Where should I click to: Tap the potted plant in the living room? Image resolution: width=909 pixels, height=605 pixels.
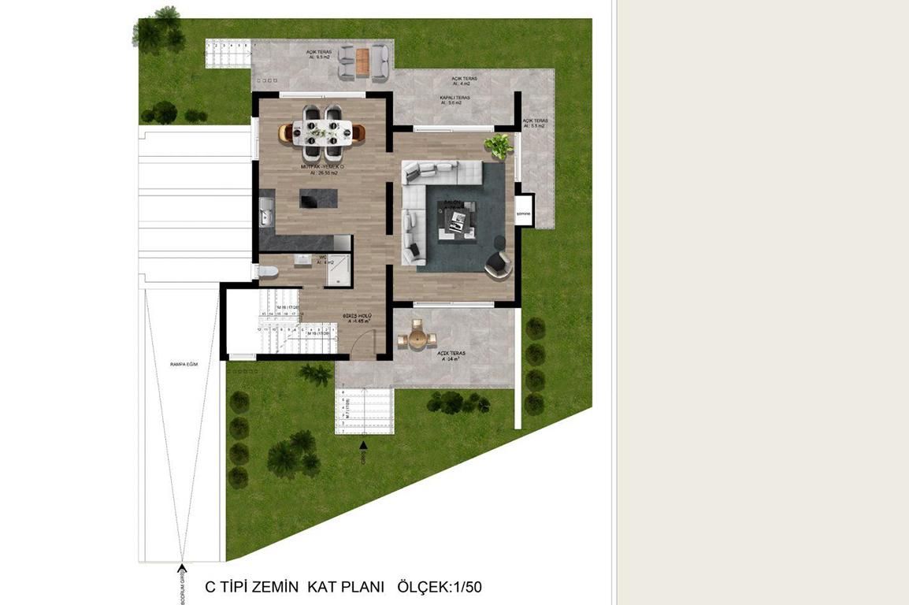(x=499, y=145)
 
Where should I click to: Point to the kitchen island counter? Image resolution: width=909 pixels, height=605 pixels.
(x=317, y=198)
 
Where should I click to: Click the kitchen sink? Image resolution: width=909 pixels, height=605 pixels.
(x=265, y=212)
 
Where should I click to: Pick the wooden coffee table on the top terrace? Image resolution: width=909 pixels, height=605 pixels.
(x=362, y=61)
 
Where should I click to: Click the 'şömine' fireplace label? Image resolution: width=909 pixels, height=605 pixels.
(x=524, y=213)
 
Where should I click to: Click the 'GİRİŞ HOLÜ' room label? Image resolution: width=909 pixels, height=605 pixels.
(x=357, y=317)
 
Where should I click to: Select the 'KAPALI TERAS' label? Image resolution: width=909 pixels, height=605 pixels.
(x=455, y=98)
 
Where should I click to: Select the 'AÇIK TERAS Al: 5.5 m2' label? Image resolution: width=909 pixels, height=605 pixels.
(x=534, y=124)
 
